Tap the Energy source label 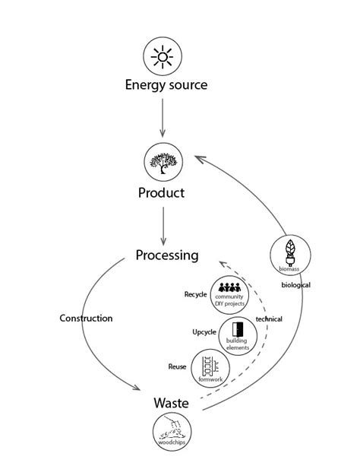click(166, 85)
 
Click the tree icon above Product click(163, 161)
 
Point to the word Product click(161, 193)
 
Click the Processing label click(167, 255)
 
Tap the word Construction click(86, 319)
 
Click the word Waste click(171, 402)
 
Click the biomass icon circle click(289, 255)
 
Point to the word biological click(295, 285)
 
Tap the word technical click(268, 319)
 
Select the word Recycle click(195, 294)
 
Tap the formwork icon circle click(209, 366)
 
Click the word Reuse click(177, 367)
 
